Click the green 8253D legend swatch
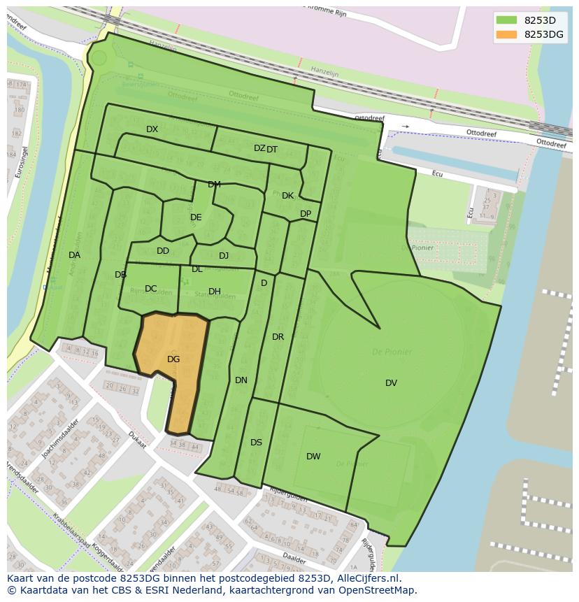[506, 20]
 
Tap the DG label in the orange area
[173, 359]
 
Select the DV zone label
[391, 383]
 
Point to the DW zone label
[313, 457]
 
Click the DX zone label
[152, 129]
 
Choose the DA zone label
[74, 255]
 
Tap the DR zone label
[278, 337]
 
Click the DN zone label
[241, 380]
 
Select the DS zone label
[256, 443]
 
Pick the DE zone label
[196, 217]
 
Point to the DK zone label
[287, 196]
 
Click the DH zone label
[214, 292]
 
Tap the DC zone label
[150, 289]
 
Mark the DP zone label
[306, 214]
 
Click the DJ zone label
[224, 256]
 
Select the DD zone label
[162, 251]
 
